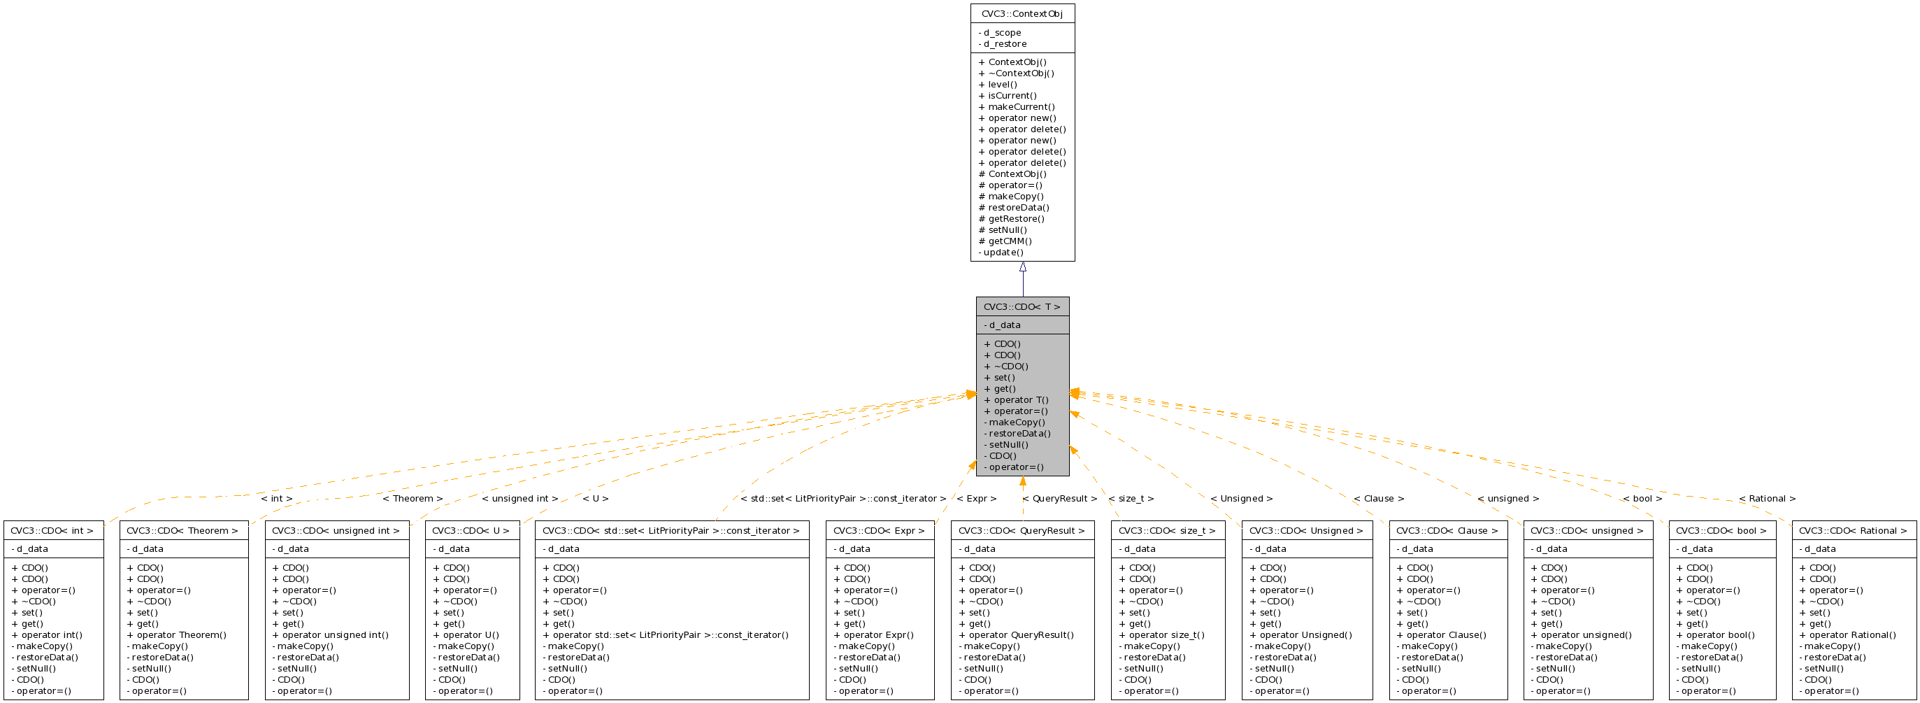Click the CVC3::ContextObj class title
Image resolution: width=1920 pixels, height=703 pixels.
tap(1022, 14)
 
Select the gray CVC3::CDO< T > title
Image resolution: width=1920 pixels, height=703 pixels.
tap(1022, 307)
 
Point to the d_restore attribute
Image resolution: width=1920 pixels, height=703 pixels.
tap(1003, 44)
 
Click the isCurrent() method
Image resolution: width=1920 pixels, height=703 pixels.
tap(1008, 95)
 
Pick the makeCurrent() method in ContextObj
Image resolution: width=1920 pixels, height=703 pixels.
tap(1017, 106)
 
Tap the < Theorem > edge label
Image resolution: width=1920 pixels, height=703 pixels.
tap(413, 499)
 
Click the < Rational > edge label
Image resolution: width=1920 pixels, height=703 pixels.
tap(1767, 499)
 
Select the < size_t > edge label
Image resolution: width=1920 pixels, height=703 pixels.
tap(1131, 499)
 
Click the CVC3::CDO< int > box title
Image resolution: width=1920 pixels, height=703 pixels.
tap(52, 531)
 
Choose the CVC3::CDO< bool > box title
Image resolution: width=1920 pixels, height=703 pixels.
tap(1721, 531)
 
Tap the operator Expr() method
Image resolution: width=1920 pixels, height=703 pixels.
tap(873, 635)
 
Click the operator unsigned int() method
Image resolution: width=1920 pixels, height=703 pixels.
tap(330, 635)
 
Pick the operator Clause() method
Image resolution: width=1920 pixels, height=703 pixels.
tap(1442, 635)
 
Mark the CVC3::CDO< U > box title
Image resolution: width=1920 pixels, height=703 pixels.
tap(471, 531)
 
